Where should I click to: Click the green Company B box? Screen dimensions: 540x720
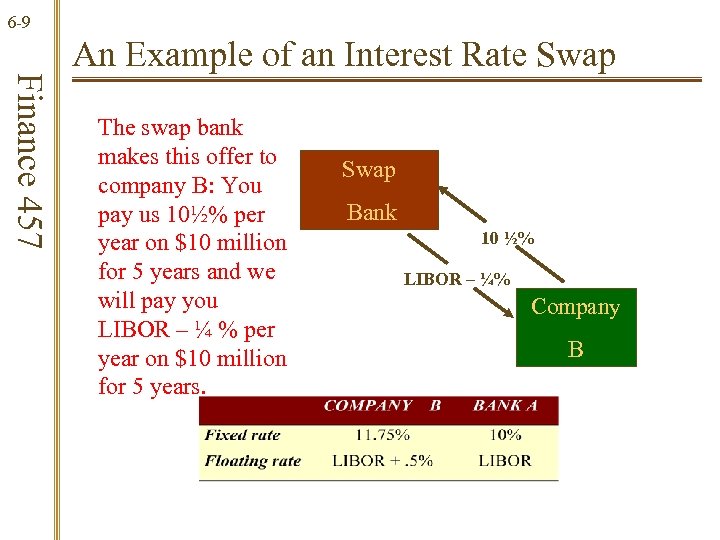(x=575, y=327)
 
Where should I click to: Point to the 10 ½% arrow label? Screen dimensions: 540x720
(x=507, y=239)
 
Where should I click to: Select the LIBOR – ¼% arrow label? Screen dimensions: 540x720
(x=457, y=280)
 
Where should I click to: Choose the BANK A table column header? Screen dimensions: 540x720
(x=505, y=406)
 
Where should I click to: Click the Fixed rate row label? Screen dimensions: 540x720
(x=242, y=435)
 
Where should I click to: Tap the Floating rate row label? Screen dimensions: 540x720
(x=252, y=461)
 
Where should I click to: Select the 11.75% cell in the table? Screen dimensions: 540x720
(x=382, y=435)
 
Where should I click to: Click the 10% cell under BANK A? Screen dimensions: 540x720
(x=505, y=435)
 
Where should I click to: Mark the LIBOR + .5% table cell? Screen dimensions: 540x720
(x=382, y=461)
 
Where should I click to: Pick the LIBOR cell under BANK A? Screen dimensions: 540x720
(x=505, y=461)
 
